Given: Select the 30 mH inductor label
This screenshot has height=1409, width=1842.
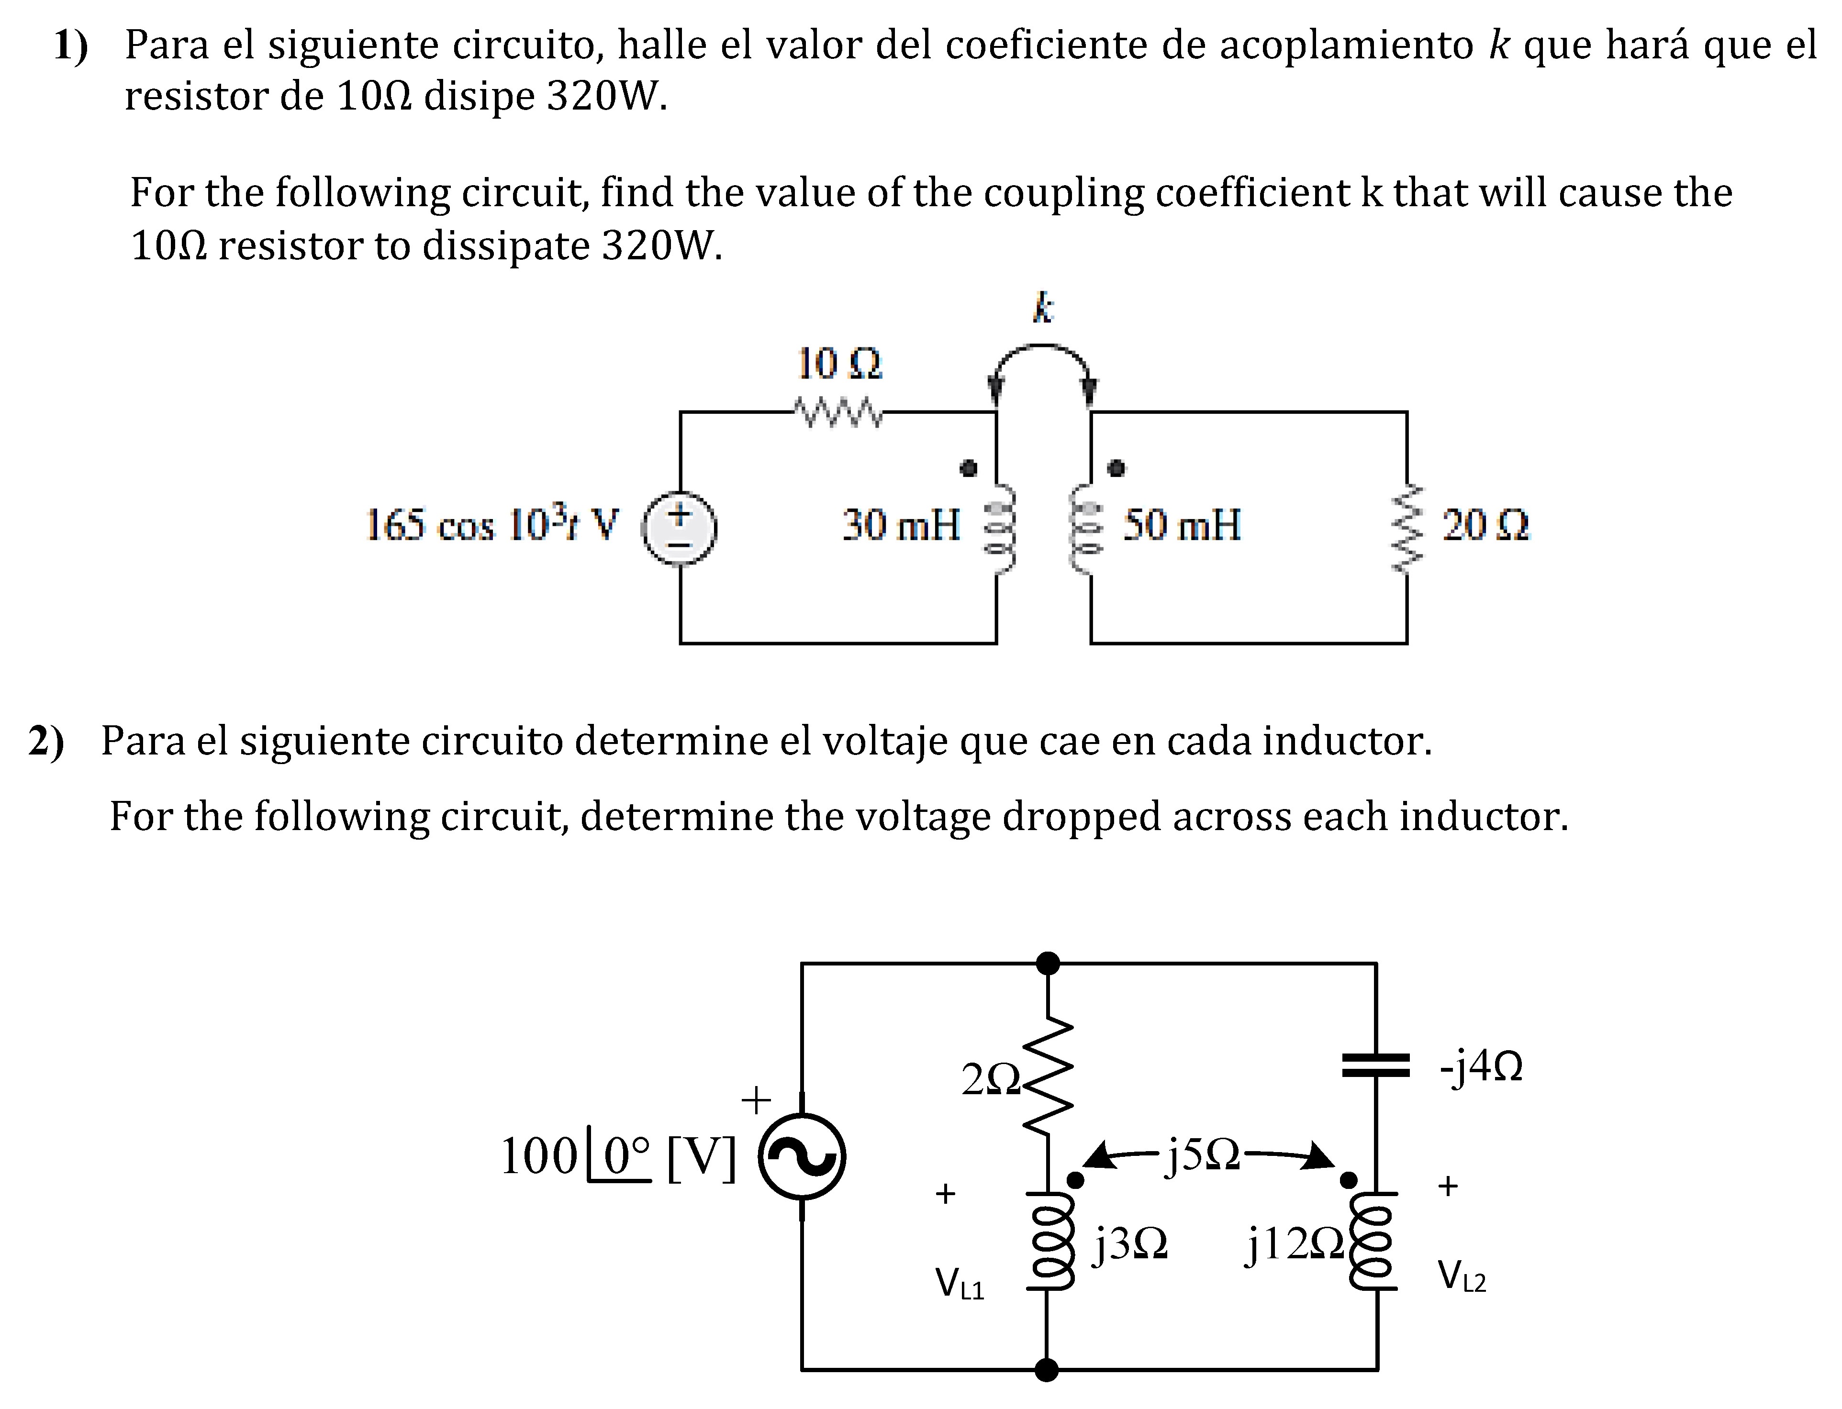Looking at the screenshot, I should pos(901,525).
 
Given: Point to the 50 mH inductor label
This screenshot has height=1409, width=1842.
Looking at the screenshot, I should pos(1182,525).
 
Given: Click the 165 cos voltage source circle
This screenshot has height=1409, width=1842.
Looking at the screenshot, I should pos(680,528).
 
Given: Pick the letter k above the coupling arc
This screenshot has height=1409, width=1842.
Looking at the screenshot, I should pos(1043,308).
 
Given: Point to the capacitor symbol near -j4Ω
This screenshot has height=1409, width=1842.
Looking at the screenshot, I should pos(1375,1065).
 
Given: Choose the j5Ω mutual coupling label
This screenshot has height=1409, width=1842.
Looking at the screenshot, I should pos(1203,1156).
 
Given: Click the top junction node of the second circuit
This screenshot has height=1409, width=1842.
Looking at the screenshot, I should pos(1048,963).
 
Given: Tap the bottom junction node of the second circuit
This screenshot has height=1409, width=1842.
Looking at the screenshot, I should pos(1047,1370).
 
